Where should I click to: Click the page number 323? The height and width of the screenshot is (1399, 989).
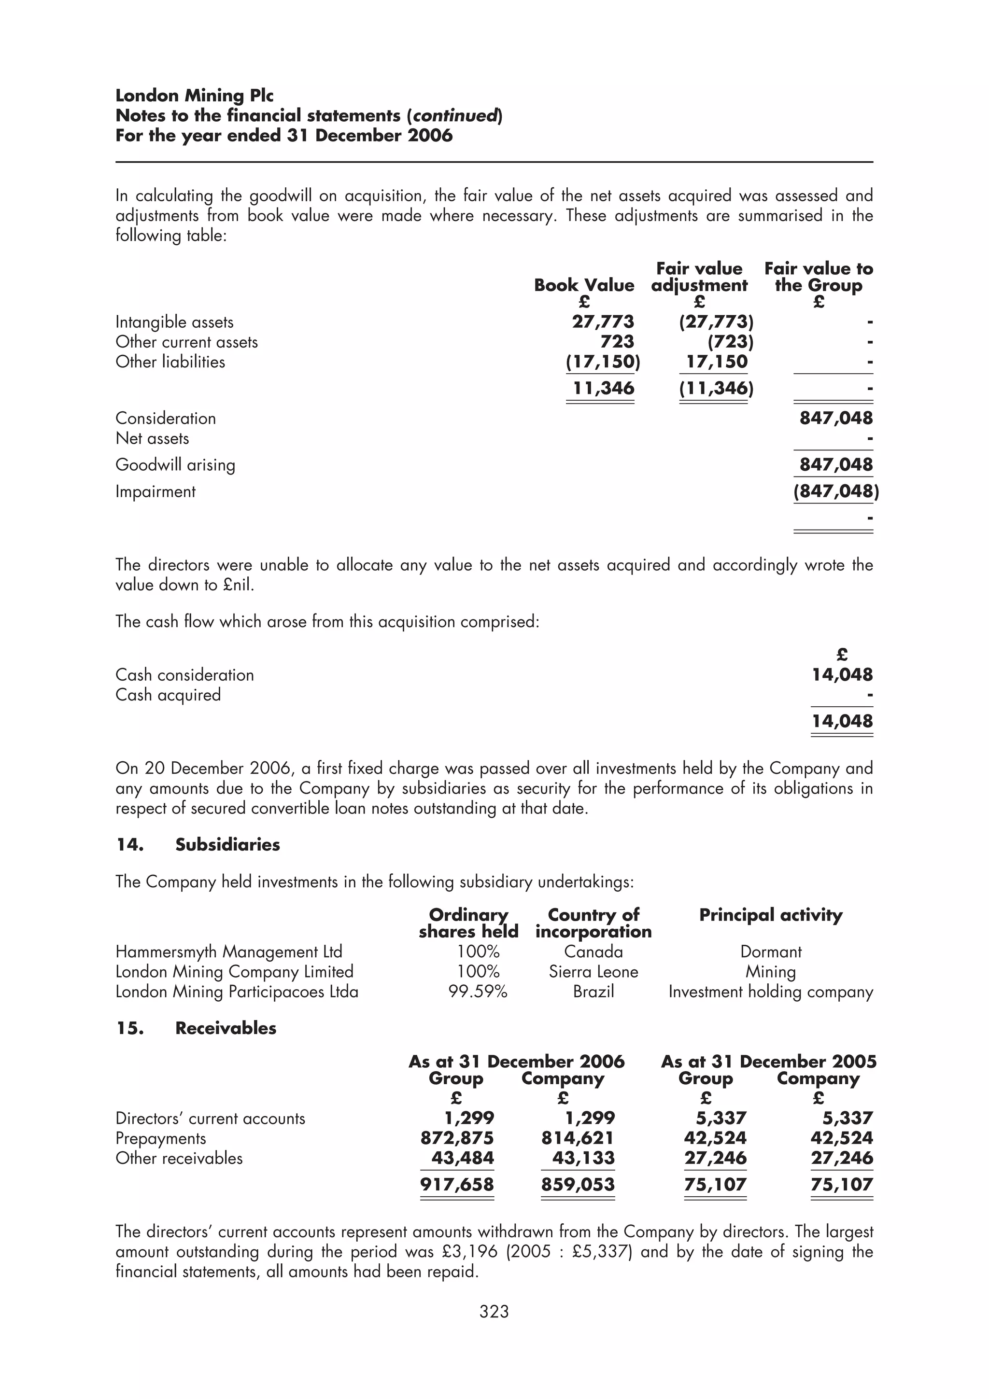(x=494, y=1311)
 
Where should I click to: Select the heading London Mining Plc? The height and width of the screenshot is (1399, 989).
(x=195, y=96)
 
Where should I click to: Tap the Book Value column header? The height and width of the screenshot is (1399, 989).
(x=584, y=285)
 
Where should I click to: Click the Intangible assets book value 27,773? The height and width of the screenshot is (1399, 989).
(x=603, y=322)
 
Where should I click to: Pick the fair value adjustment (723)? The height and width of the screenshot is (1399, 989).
(x=730, y=342)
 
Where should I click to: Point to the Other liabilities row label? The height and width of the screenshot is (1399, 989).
(x=170, y=362)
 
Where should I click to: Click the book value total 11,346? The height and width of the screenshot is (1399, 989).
(x=603, y=388)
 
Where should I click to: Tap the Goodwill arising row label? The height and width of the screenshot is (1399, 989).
(x=175, y=465)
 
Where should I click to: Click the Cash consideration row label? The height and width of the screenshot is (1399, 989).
(x=184, y=675)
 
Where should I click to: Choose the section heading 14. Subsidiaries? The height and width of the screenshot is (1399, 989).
(x=198, y=844)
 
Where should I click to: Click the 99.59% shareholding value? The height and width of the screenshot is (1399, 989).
(x=478, y=992)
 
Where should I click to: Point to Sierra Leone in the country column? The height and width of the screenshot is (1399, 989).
(x=593, y=972)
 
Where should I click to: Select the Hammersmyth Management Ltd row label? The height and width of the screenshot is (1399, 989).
(x=228, y=952)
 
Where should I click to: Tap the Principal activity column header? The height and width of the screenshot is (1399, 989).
(x=770, y=915)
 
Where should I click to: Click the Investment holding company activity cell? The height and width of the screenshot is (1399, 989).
(x=770, y=992)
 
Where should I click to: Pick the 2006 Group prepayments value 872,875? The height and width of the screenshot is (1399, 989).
(x=457, y=1138)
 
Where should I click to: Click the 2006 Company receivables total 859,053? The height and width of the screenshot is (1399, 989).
(x=578, y=1185)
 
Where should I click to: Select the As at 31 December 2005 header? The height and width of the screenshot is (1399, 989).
(x=768, y=1062)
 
